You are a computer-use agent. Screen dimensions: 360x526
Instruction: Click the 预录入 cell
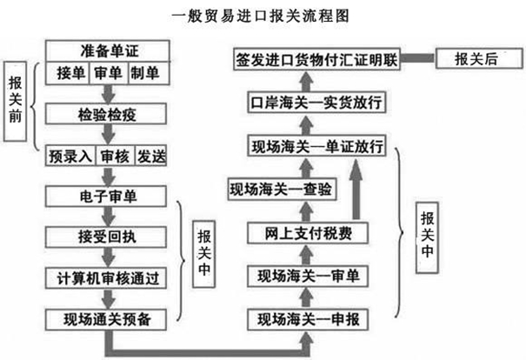click(x=69, y=157)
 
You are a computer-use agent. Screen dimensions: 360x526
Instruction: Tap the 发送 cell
click(x=149, y=157)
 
